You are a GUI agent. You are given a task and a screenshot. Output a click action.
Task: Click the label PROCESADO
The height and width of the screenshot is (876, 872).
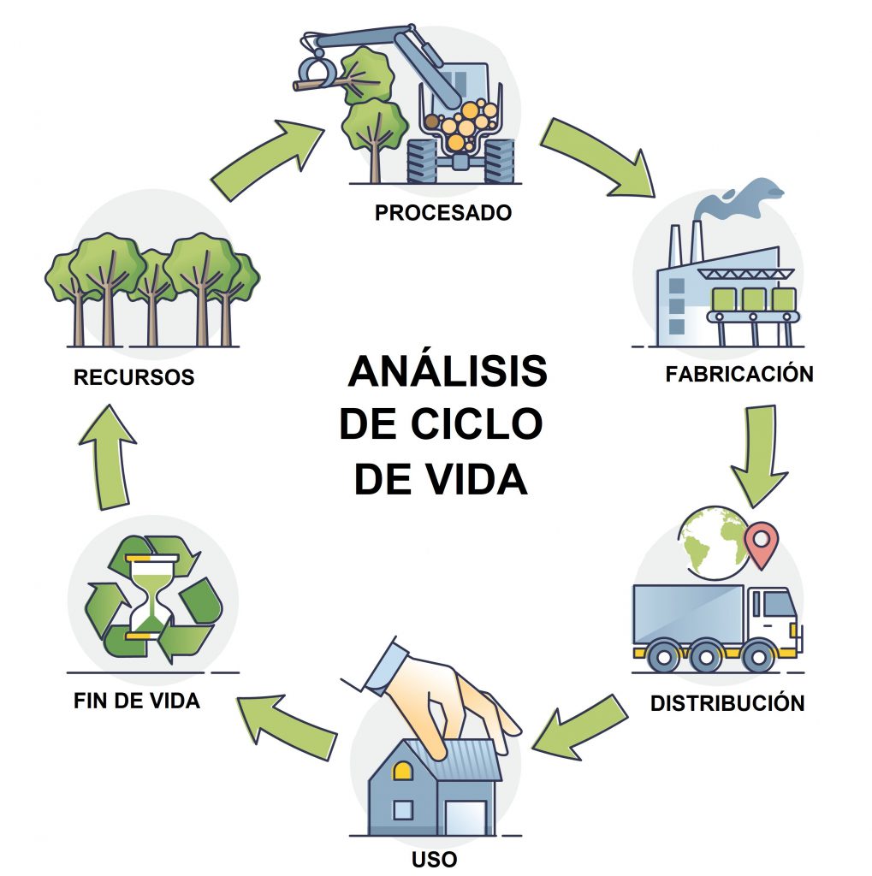pyautogui.click(x=442, y=212)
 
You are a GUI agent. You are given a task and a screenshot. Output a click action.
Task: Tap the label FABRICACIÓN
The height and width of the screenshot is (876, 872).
pyautogui.click(x=739, y=374)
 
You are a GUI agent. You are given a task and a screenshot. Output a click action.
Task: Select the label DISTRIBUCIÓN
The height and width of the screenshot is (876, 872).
pyautogui.click(x=727, y=703)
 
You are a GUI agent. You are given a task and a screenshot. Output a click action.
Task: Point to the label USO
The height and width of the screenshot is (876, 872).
pyautogui.click(x=434, y=858)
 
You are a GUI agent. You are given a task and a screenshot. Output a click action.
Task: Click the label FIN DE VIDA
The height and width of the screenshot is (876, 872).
pyautogui.click(x=136, y=701)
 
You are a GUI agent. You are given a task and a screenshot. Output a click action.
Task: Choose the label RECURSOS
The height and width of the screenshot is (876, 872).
pyautogui.click(x=133, y=376)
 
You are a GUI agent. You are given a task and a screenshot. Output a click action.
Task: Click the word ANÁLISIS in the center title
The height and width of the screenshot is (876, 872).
pyautogui.click(x=447, y=372)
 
